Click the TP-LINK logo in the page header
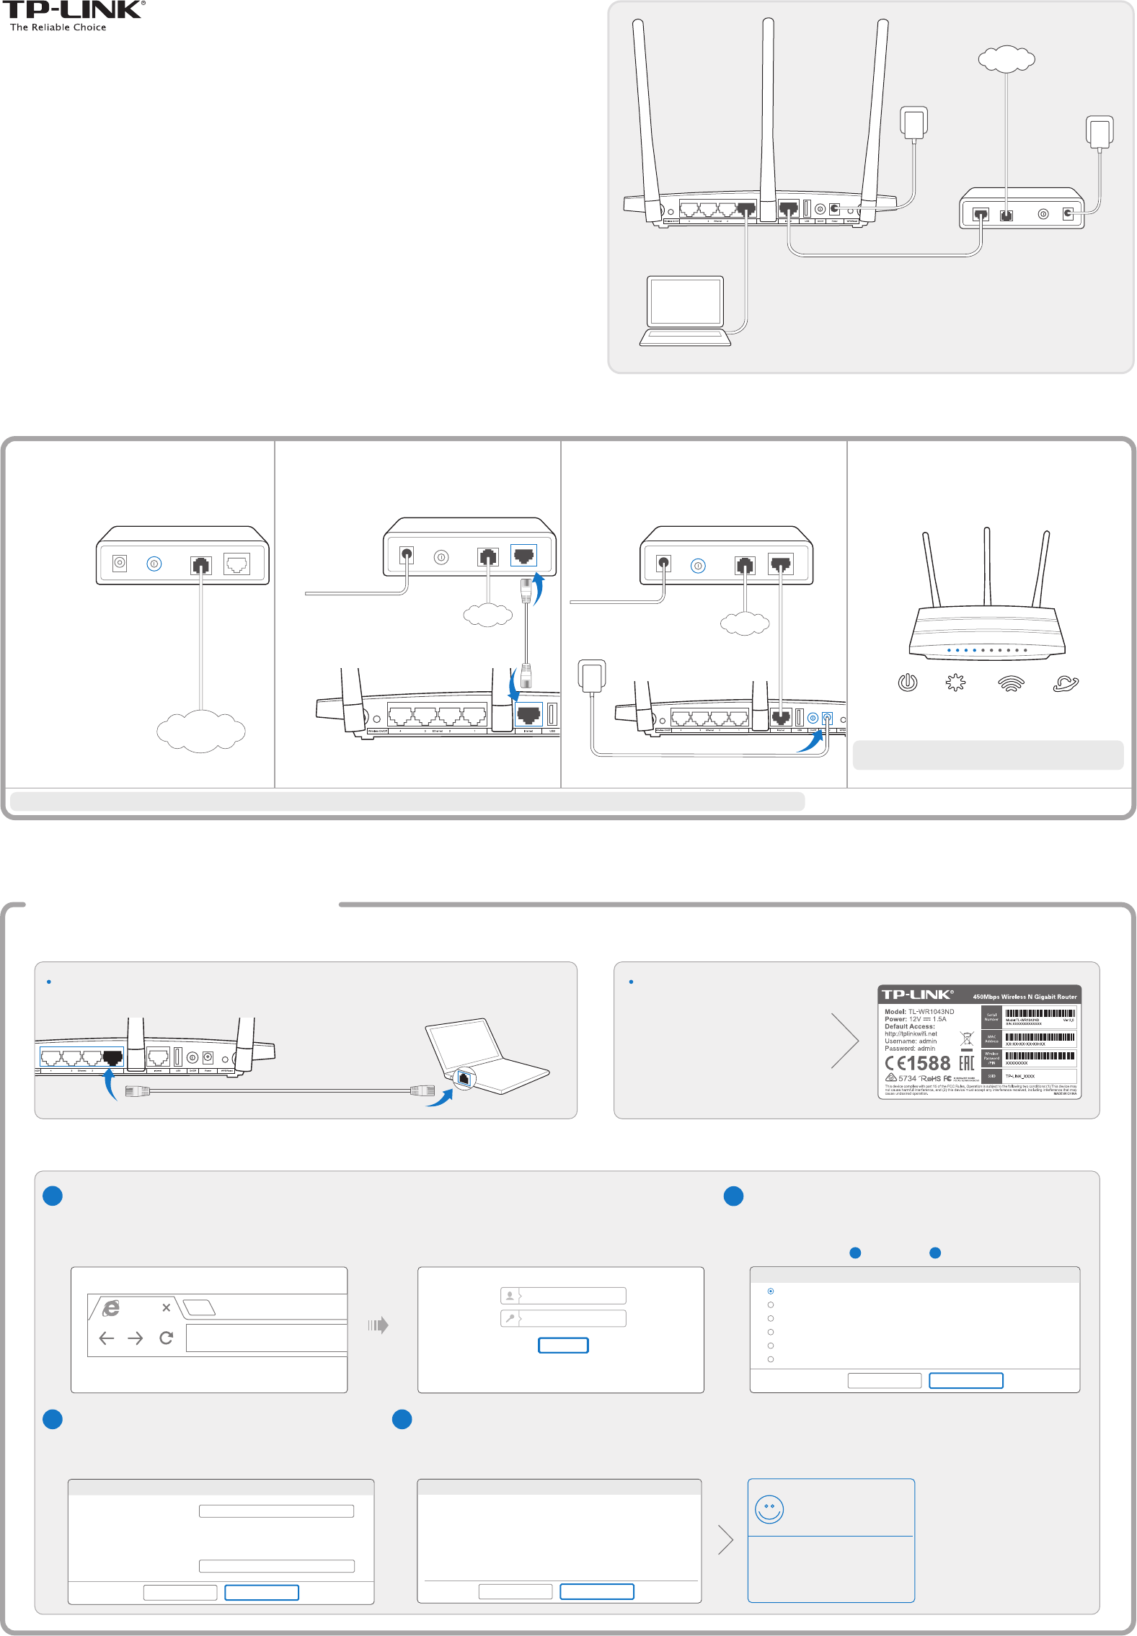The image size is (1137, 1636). [72, 11]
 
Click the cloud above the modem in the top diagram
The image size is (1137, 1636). [1007, 59]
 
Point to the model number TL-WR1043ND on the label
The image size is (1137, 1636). [931, 1011]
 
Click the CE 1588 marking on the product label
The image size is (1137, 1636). [918, 1063]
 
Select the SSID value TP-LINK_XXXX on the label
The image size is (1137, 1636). [1020, 1076]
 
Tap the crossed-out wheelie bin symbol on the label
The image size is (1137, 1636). [967, 1039]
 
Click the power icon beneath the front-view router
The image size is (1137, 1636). [907, 682]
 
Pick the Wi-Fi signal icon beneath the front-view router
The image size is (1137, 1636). [1011, 683]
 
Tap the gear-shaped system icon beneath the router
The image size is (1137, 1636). [955, 682]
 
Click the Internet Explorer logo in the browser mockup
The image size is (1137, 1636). [111, 1308]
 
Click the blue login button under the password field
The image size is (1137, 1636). [563, 1345]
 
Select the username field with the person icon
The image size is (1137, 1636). [563, 1296]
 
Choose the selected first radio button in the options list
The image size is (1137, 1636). [771, 1291]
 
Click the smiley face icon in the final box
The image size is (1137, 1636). [769, 1508]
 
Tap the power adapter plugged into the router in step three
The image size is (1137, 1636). [591, 675]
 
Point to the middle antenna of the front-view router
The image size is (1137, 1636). [987, 566]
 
